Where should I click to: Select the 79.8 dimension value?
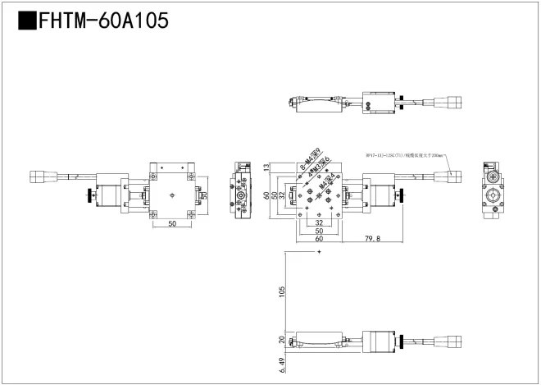373,239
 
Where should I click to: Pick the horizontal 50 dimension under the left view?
172,223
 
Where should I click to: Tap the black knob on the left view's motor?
86,197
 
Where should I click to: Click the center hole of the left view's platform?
172,195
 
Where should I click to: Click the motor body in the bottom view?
378,342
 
